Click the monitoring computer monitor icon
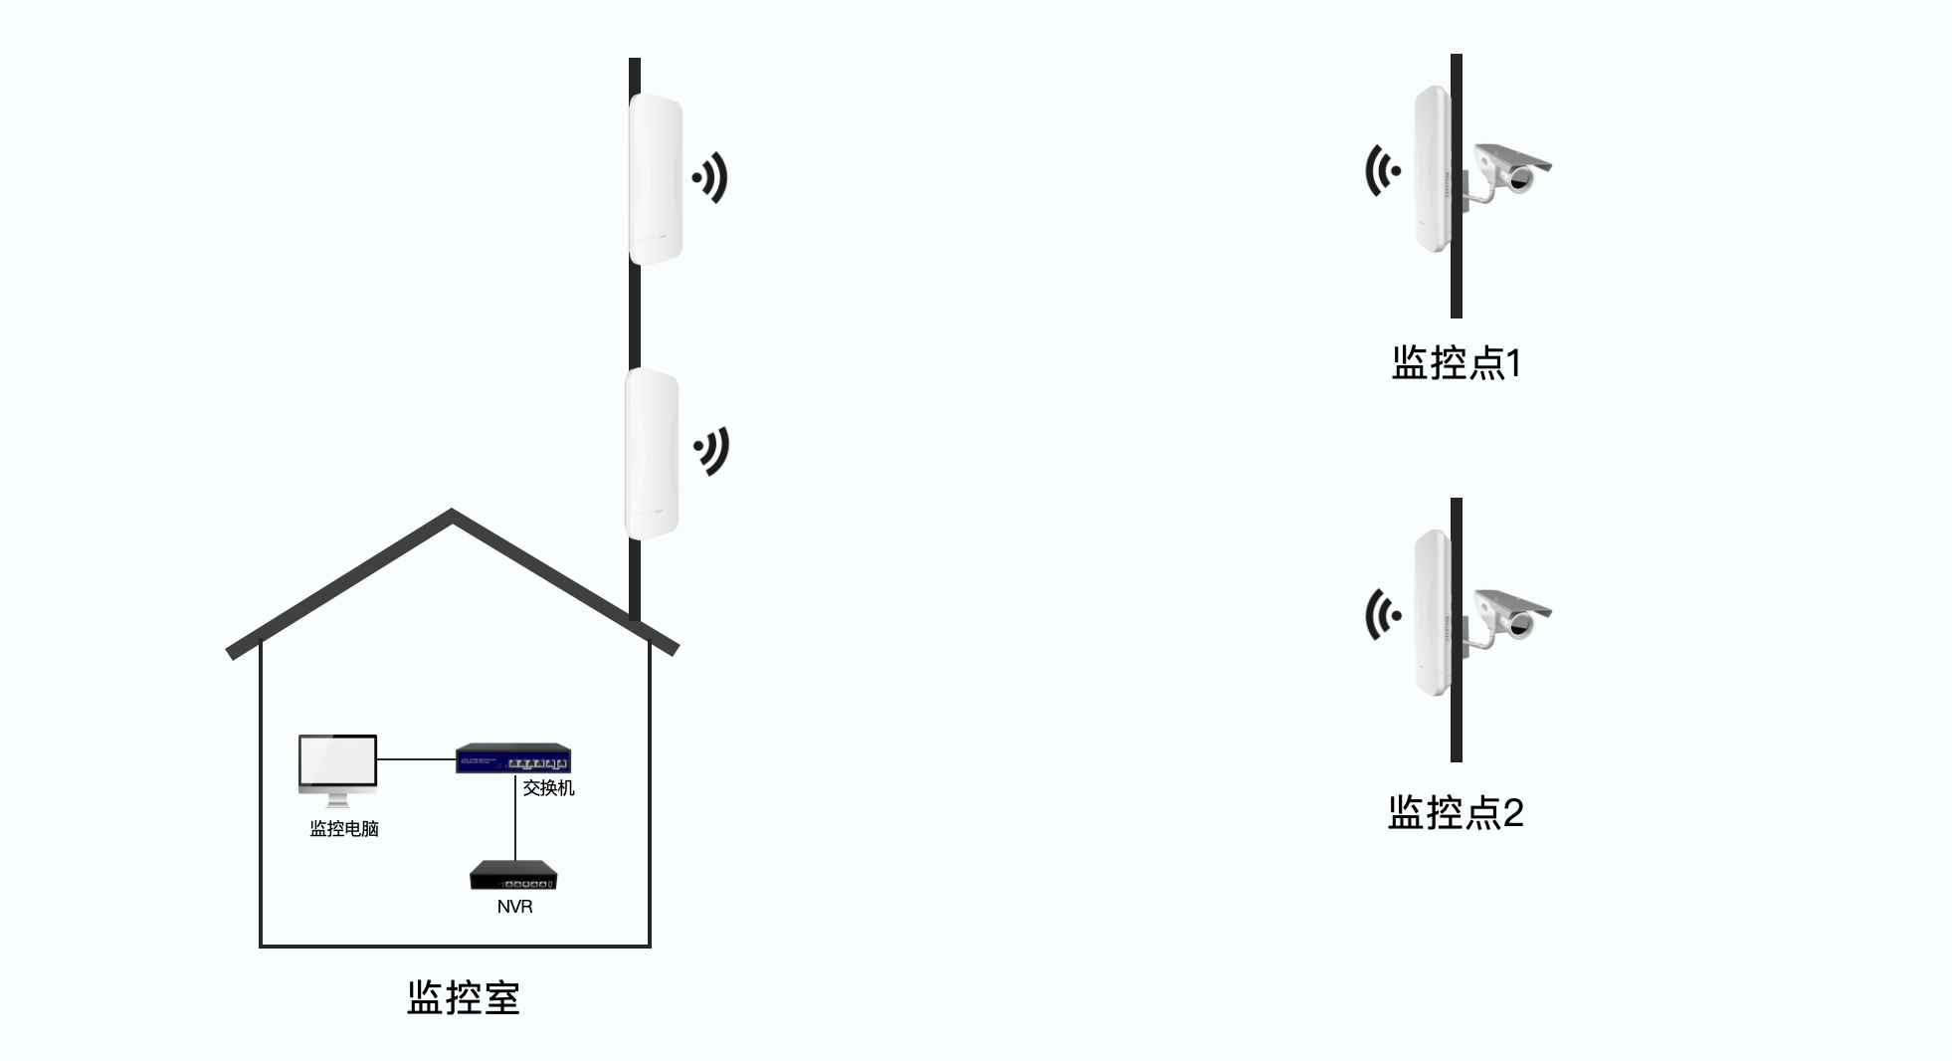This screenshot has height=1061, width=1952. click(337, 765)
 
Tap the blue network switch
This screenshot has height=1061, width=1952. click(513, 759)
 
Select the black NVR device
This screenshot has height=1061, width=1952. click(513, 875)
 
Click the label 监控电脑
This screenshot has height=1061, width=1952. click(344, 829)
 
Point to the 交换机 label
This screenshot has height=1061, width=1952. click(549, 788)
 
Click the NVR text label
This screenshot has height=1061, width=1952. click(514, 907)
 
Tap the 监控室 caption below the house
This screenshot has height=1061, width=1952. click(464, 998)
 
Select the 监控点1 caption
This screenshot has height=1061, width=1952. click(1456, 363)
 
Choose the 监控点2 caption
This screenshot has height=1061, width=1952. click(1456, 813)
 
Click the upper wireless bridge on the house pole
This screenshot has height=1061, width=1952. click(656, 179)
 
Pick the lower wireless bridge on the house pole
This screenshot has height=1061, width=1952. click(653, 453)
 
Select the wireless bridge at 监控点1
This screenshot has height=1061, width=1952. click(1432, 169)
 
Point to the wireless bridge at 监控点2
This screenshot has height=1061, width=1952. click(1432, 613)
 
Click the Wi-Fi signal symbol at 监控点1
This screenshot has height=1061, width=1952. click(1382, 170)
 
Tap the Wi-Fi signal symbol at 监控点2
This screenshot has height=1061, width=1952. click(1382, 614)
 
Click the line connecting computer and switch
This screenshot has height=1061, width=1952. click(416, 759)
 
